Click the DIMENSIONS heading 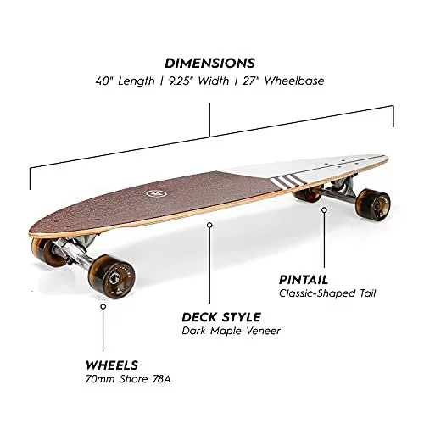(x=209, y=64)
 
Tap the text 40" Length (x=126, y=81)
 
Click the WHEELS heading (x=112, y=365)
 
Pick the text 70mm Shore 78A (x=128, y=379)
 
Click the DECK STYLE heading (x=221, y=317)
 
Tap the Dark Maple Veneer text (x=232, y=331)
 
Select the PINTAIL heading (x=304, y=280)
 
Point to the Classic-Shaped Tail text (x=327, y=293)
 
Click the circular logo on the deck (x=153, y=193)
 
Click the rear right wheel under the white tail (x=374, y=203)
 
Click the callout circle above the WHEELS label (x=103, y=306)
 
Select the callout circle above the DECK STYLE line (x=209, y=226)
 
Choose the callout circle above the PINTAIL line (x=325, y=209)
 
